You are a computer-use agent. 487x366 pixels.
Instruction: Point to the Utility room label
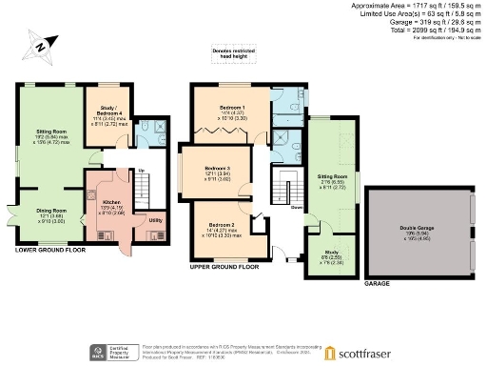click(155, 219)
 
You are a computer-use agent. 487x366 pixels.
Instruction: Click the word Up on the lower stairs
click(143, 172)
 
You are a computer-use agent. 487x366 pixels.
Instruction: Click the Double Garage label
click(416, 227)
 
